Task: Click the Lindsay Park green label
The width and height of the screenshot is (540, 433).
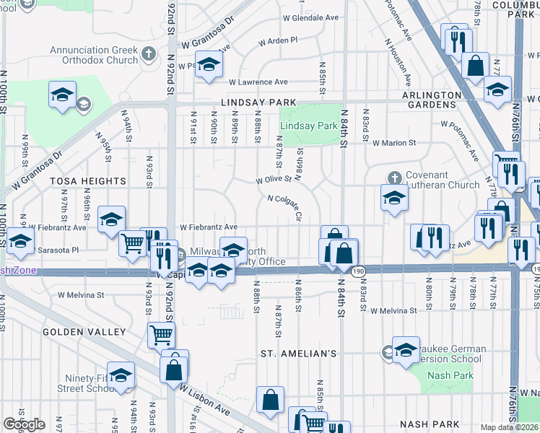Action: tap(309, 126)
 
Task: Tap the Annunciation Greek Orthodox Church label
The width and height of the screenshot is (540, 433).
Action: tap(93, 55)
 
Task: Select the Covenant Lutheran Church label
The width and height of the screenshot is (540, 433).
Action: tap(442, 180)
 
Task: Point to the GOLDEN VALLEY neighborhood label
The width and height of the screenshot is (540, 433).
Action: tap(84, 332)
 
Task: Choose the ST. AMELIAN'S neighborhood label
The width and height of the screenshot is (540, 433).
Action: tap(299, 354)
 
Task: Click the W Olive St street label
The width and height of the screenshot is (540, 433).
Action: tap(274, 178)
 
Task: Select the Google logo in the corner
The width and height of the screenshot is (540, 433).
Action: tap(24, 424)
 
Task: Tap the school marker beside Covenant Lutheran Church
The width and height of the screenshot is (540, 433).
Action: tap(394, 198)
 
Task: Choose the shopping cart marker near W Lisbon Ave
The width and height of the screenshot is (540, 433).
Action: tap(161, 334)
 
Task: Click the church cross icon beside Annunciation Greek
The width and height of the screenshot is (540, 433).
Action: tap(149, 54)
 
